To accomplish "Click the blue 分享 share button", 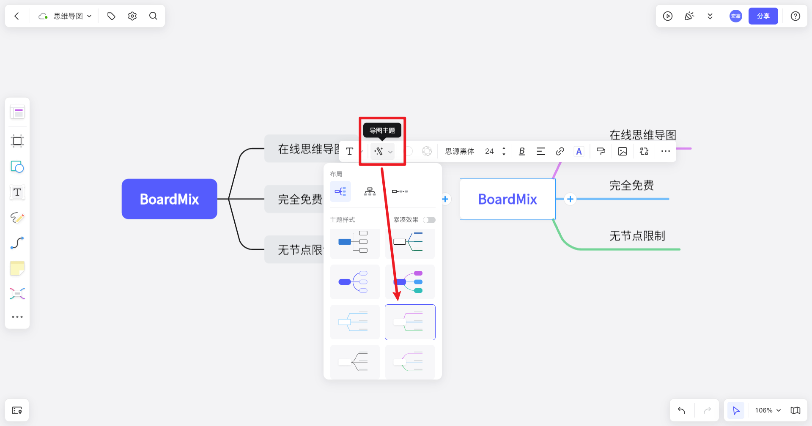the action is [x=763, y=16].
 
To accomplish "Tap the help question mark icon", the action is [x=796, y=16].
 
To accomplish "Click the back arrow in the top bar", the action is [x=17, y=16].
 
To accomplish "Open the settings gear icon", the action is [x=132, y=16].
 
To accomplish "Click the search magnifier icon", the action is [x=153, y=16].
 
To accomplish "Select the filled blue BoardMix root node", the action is [x=170, y=199].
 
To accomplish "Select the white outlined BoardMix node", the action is [x=507, y=199].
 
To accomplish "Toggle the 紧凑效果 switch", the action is [x=429, y=220].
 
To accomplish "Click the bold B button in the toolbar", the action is [x=522, y=151].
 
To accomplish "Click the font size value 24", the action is [x=489, y=151].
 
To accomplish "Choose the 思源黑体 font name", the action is [x=460, y=151].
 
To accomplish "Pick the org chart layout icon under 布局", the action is [x=370, y=191].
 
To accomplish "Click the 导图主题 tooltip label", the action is [x=382, y=131].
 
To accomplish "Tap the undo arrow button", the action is [x=682, y=410].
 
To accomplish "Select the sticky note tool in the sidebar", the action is [x=17, y=268].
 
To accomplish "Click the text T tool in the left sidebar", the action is [x=17, y=192].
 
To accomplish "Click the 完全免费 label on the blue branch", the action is [x=632, y=185].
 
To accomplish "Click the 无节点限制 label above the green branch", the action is [x=637, y=236].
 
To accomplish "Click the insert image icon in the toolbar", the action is [x=623, y=151].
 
